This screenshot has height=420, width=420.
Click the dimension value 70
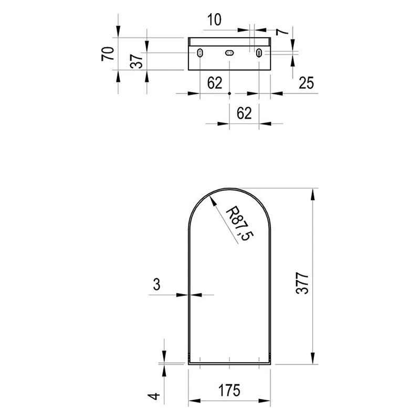(x=108, y=54)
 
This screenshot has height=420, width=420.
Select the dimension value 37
(x=136, y=61)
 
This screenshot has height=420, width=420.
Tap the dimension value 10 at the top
(x=214, y=20)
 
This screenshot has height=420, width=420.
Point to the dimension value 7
(x=282, y=31)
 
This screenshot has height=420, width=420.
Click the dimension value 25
(x=306, y=83)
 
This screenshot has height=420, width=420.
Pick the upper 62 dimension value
(x=215, y=83)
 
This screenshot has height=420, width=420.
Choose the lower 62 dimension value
(x=244, y=113)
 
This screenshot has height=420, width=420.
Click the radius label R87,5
(x=239, y=224)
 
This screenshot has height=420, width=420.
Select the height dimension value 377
(x=302, y=283)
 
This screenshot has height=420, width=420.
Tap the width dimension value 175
(x=229, y=390)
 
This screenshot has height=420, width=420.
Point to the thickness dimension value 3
(x=156, y=284)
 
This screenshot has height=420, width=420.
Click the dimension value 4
(x=154, y=396)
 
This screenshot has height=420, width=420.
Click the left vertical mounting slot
(x=200, y=53)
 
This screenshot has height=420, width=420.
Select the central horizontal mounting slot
(x=229, y=53)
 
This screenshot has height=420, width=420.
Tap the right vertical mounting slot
(x=259, y=53)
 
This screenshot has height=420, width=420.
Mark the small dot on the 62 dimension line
(x=229, y=93)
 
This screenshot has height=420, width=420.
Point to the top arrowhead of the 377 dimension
(x=312, y=194)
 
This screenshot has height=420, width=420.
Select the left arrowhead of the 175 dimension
(x=194, y=401)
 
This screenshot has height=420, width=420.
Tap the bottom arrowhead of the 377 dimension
(x=312, y=359)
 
